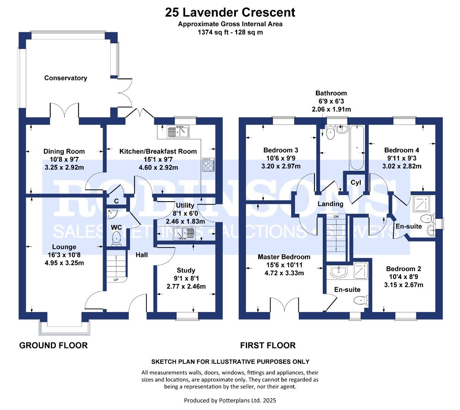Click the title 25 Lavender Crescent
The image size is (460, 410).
coord(230,12)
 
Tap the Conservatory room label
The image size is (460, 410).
coord(65,78)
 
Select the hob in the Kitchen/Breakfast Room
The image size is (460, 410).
coord(208,165)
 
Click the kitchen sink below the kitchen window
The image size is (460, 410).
coord(178,132)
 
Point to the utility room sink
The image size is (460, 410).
coord(184,233)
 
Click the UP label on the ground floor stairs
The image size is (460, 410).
coord(116,280)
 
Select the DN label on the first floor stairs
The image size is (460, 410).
coord(336,216)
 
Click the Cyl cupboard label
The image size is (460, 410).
coord(355,183)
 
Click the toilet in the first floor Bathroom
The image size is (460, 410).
coord(330,132)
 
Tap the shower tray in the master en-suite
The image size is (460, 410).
coord(360,271)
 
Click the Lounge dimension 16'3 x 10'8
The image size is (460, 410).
coord(64,255)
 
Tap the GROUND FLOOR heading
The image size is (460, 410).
coord(53,345)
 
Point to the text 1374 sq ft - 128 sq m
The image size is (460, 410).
coord(230,32)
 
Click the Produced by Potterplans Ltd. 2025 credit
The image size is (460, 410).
coord(230,400)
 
